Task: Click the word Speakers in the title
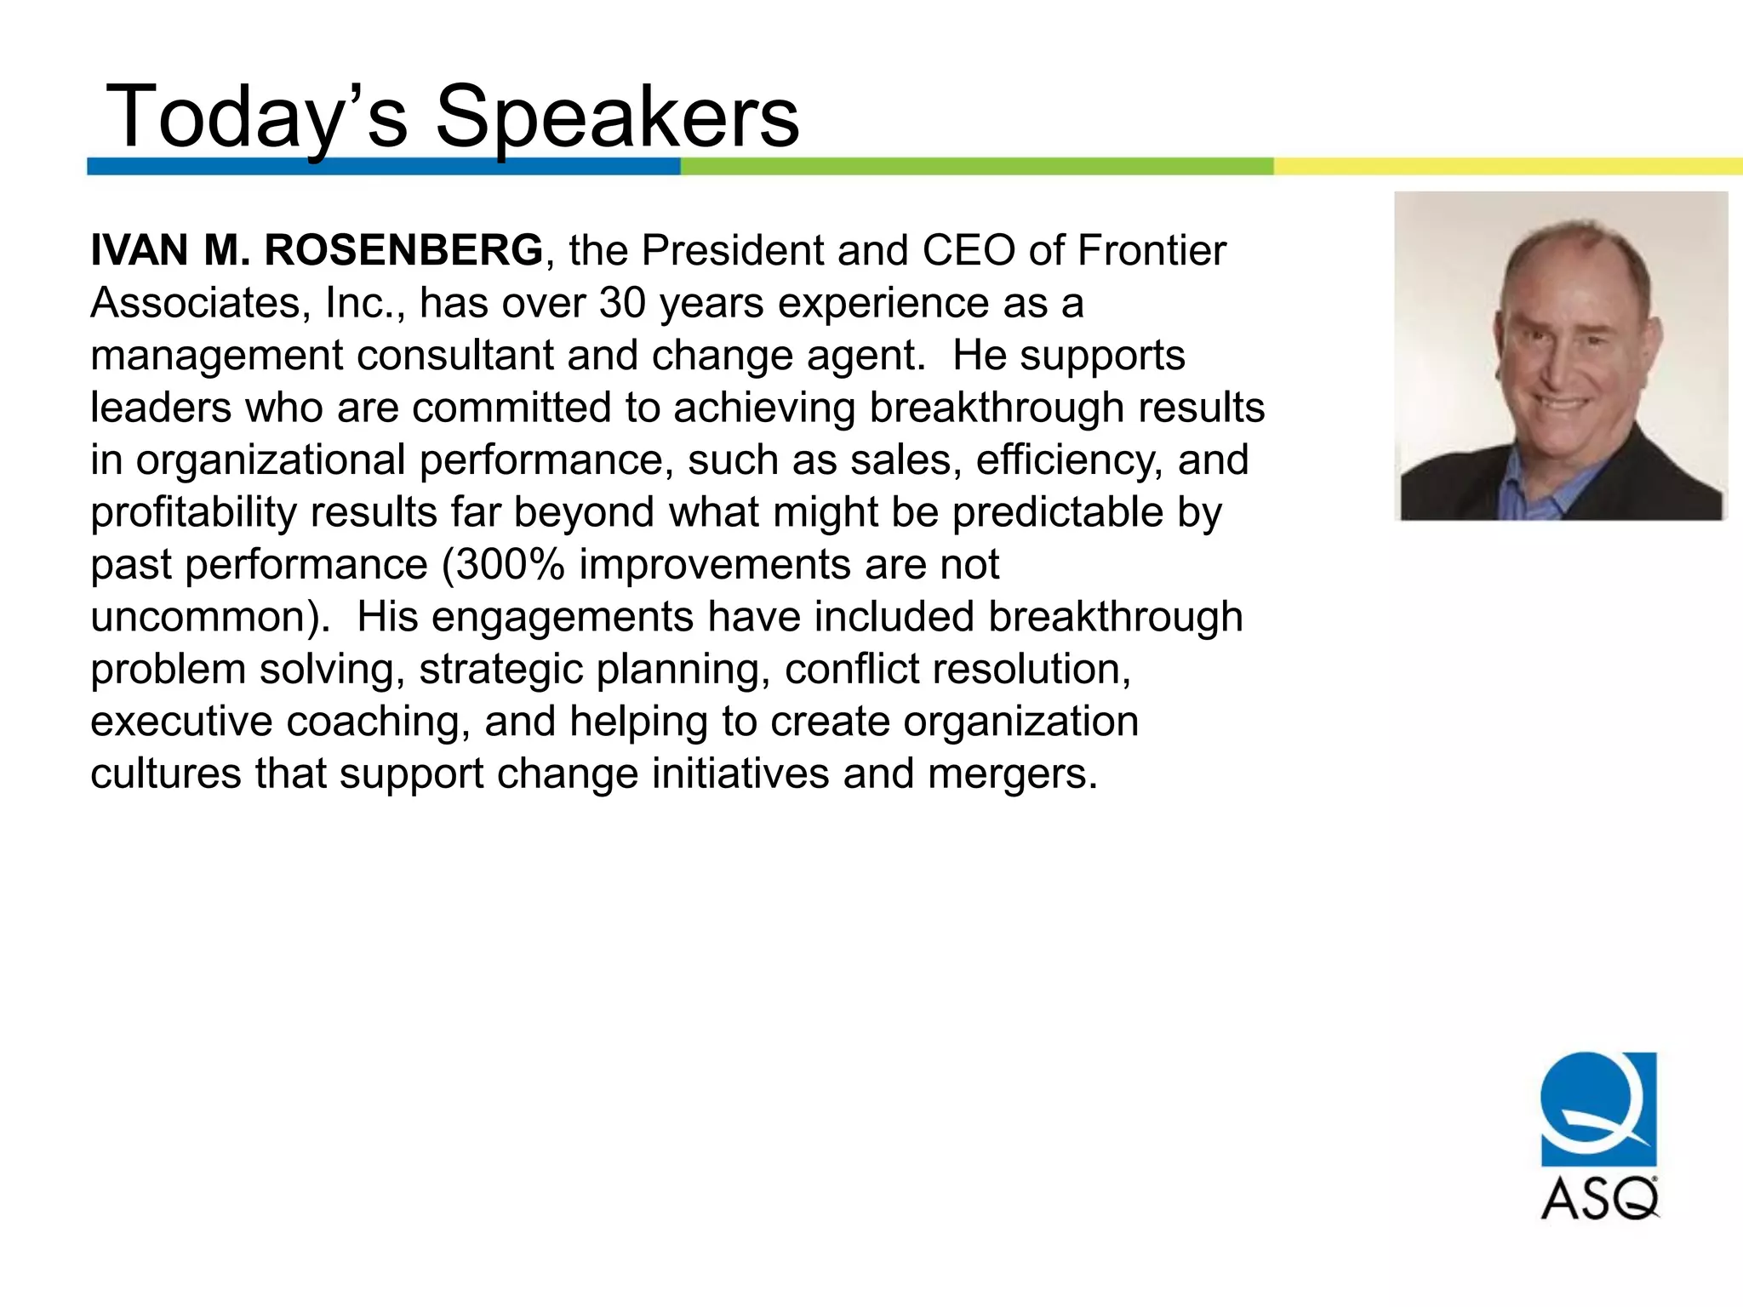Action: [617, 117]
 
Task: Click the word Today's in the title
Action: [255, 117]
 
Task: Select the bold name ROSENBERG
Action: [403, 250]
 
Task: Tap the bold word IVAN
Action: [140, 250]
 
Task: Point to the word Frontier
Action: [1152, 250]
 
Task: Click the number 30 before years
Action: [622, 303]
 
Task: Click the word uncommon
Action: [204, 617]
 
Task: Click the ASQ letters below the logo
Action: [1599, 1198]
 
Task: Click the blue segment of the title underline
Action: [383, 167]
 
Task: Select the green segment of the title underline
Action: [977, 167]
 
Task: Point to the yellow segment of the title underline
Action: [1506, 167]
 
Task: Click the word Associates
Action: [195, 303]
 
